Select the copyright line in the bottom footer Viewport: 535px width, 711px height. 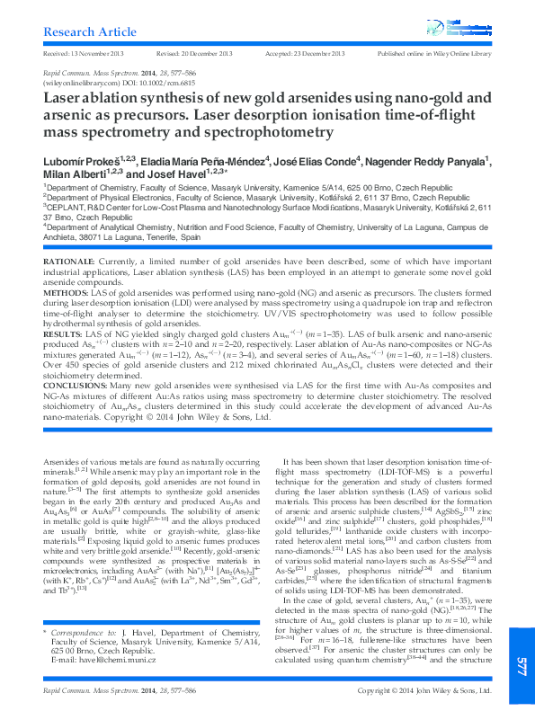424,690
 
